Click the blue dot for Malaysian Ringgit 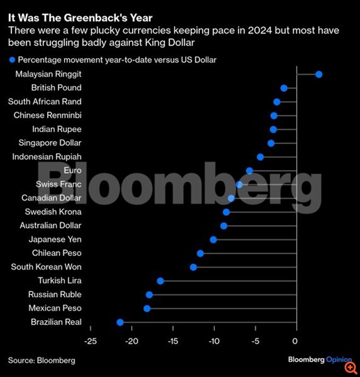coord(319,74)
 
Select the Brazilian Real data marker coord(120,322)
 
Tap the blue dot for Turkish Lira coord(160,281)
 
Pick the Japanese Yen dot coord(213,240)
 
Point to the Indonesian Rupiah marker coord(260,157)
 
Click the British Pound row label coord(56,88)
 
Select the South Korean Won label coord(46,267)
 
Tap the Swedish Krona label coord(53,212)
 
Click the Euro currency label coord(73,170)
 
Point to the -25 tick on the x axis coord(91,341)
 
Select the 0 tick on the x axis coord(295,341)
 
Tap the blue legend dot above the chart coord(11,60)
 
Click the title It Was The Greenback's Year coord(80,18)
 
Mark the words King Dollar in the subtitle coord(166,42)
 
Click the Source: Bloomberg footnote coord(41,360)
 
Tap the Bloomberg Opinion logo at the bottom coord(319,360)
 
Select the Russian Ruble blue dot coord(149,295)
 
